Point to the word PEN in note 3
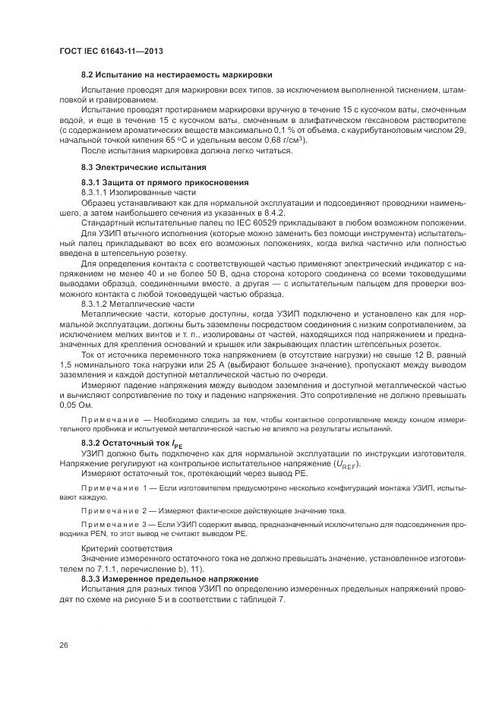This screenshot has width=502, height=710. (106, 535)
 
